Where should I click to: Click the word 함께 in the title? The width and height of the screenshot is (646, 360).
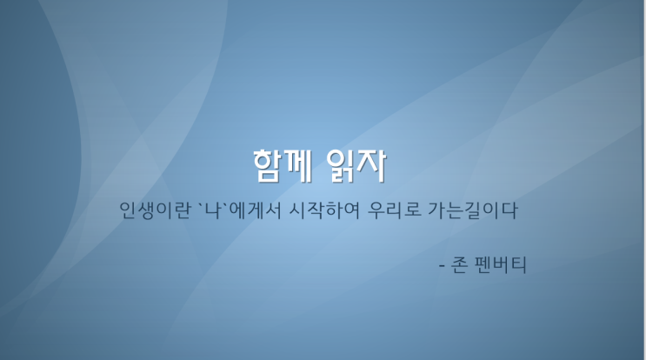pyautogui.click(x=283, y=165)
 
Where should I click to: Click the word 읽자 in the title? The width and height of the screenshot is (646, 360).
pyautogui.click(x=356, y=165)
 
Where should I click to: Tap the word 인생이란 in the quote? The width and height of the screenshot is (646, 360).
pyautogui.click(x=156, y=210)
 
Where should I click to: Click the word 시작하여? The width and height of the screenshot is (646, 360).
pyautogui.click(x=324, y=210)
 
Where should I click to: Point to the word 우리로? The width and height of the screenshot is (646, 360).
pyautogui.click(x=395, y=210)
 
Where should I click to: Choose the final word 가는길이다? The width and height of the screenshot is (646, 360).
pyautogui.click(x=473, y=210)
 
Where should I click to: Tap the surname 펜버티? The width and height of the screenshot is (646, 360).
pyautogui.click(x=500, y=265)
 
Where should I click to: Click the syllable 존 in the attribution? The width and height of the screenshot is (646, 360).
pyautogui.click(x=459, y=265)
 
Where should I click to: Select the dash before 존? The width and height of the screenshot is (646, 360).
pyautogui.click(x=442, y=266)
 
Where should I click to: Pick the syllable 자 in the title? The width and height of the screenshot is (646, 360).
pyautogui.click(x=372, y=165)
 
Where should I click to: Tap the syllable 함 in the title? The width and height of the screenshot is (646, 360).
pyautogui.click(x=268, y=165)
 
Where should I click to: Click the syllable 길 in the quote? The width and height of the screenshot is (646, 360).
pyautogui.click(x=473, y=210)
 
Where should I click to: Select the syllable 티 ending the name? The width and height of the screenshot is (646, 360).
pyautogui.click(x=518, y=265)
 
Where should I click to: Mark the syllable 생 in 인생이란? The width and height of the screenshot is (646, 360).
pyautogui.click(x=146, y=210)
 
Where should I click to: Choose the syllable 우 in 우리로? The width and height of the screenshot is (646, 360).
pyautogui.click(x=376, y=210)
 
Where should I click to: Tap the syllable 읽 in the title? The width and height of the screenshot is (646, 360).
pyautogui.click(x=341, y=165)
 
